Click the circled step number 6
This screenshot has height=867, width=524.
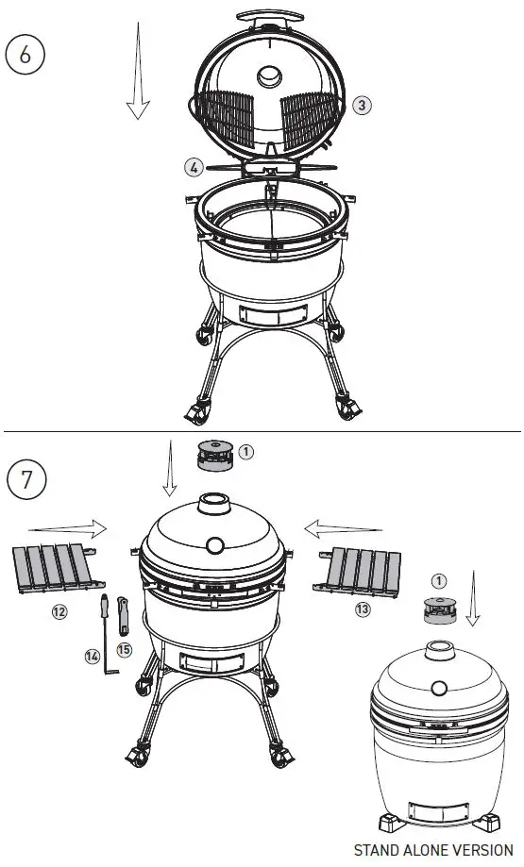point(25,54)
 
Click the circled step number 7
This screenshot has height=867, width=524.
point(27,478)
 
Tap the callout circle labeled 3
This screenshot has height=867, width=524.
point(362,106)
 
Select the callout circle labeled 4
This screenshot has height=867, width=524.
point(194,167)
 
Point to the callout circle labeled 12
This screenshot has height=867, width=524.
point(59,611)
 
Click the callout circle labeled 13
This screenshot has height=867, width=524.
point(363,610)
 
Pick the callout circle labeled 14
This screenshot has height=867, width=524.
point(92,656)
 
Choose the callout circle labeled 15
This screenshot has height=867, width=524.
point(125,649)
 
